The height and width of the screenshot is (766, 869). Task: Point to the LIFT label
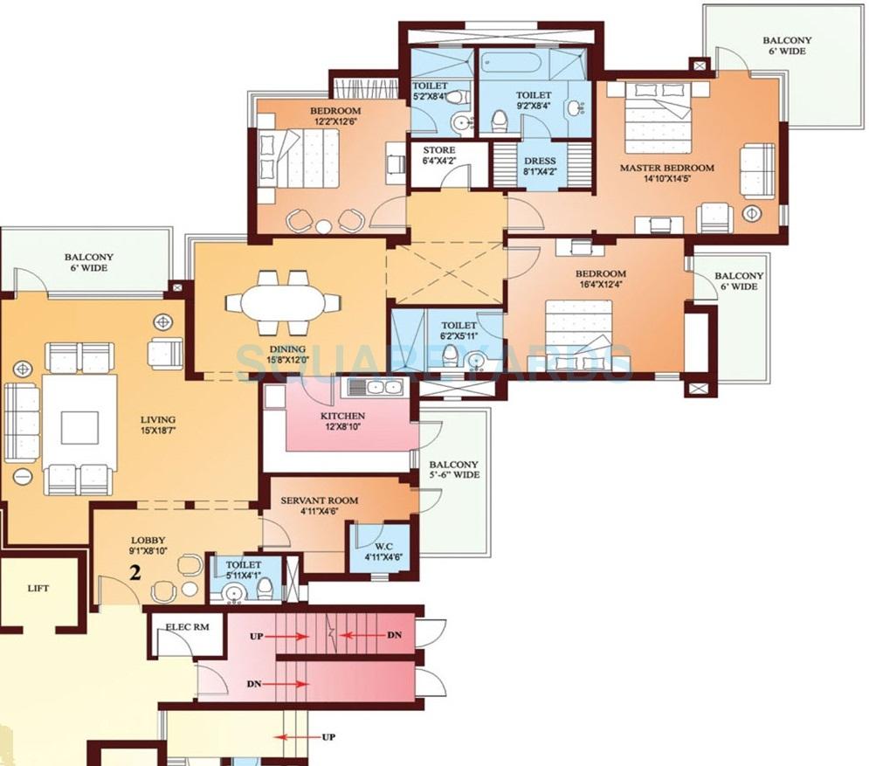[38, 589]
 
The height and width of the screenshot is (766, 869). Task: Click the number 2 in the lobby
[134, 574]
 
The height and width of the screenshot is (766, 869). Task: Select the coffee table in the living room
[79, 427]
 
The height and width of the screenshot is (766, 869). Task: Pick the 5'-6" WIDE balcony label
[453, 470]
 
